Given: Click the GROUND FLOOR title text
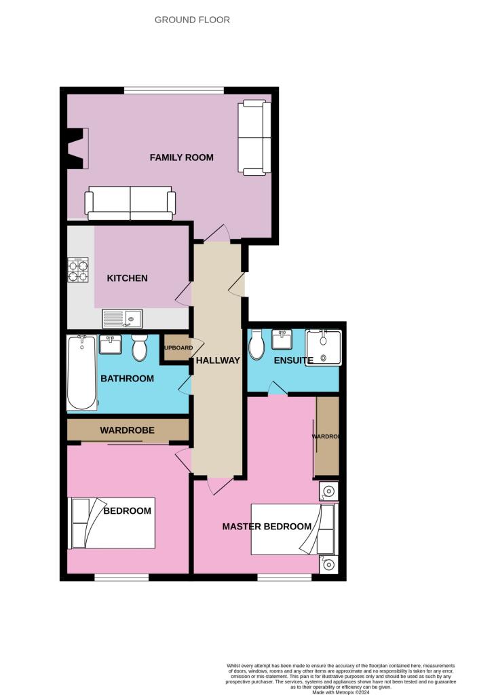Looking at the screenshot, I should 192,20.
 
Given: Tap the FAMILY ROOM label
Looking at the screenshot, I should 181,157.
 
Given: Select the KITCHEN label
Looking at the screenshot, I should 127,278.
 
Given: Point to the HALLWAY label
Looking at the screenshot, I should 218,360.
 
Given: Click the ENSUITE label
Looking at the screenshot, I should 293,360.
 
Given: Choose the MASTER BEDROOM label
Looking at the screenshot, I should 267,526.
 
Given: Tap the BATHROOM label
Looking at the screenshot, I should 127,378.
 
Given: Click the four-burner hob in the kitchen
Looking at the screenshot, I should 78,271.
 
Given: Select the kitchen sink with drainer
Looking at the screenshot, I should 121,318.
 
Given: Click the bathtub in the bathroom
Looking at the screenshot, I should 81,373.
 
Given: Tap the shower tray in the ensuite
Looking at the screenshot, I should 323,347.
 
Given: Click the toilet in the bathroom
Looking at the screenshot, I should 140,347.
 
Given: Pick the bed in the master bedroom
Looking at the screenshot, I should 293,529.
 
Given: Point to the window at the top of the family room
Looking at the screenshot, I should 174,90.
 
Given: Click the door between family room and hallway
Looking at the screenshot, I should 217,235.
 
